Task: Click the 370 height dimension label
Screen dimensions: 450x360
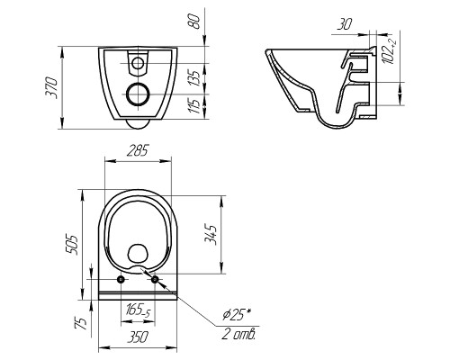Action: point(51,87)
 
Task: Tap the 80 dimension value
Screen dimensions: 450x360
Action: point(195,22)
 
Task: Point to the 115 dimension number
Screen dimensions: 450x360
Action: point(195,105)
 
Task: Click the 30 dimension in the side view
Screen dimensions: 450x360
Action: point(345,24)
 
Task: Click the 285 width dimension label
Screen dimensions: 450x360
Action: point(137,151)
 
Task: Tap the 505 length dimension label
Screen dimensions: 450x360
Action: point(72,244)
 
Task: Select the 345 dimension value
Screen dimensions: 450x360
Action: point(211,235)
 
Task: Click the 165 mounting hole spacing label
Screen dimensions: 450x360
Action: point(138,310)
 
